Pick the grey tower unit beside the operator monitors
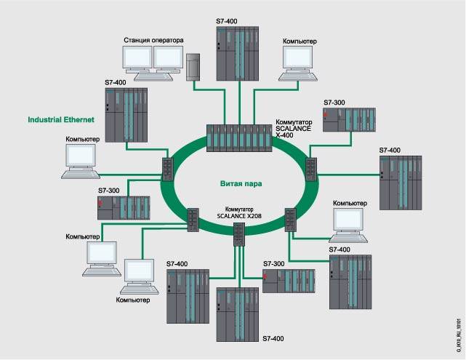(x=193, y=67)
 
